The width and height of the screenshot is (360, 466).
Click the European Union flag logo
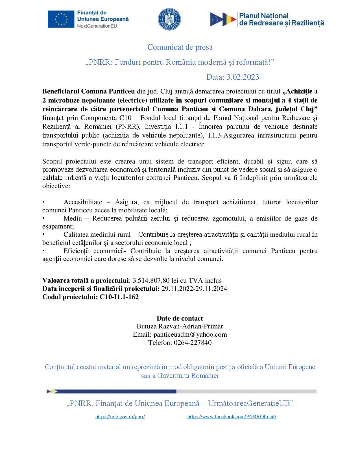pos(60,19)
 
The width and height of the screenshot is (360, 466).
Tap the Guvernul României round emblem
pos(169,19)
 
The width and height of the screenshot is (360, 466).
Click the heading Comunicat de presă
pos(180,47)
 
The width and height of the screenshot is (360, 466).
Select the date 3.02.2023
pos(243,77)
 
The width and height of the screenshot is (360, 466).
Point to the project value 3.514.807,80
pos(151,280)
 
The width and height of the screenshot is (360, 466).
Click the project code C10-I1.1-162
pos(119,297)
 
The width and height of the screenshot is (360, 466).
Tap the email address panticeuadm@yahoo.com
pos(190,335)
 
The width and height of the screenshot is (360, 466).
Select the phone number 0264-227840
pos(193,343)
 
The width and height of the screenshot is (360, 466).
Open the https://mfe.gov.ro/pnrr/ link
pos(120,417)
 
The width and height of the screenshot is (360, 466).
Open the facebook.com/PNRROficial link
pos(232,417)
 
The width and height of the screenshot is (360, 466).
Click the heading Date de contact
pos(180,318)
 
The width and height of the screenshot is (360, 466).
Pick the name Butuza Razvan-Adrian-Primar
pos(180,326)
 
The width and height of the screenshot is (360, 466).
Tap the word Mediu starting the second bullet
pos(73,218)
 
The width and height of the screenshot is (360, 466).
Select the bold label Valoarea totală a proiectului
pos(86,280)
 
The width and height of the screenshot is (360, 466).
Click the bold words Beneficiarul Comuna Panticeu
pos(88,92)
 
